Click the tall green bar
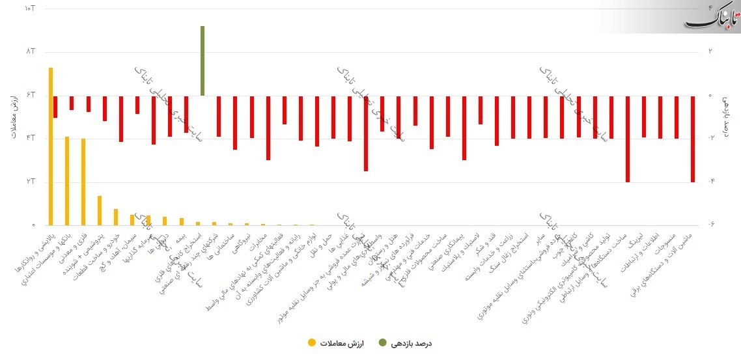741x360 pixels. click(203, 61)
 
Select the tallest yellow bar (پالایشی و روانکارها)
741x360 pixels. click(50, 146)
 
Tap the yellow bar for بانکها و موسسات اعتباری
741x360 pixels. click(66, 181)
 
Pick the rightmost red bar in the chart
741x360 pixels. click(693, 139)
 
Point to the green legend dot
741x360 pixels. click(382, 342)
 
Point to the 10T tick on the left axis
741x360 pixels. click(29, 8)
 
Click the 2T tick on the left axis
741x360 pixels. click(29, 182)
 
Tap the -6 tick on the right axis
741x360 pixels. click(712, 225)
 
